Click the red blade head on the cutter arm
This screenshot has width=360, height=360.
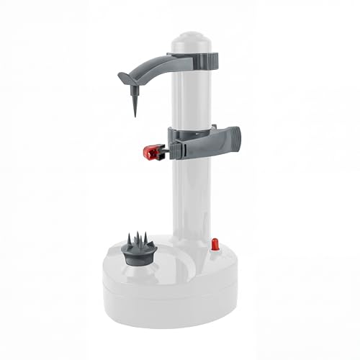149,152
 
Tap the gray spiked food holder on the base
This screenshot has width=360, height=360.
140,249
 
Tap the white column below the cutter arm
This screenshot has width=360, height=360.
190,194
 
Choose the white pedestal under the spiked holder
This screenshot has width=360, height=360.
139,264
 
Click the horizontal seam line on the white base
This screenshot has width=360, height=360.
173,283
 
